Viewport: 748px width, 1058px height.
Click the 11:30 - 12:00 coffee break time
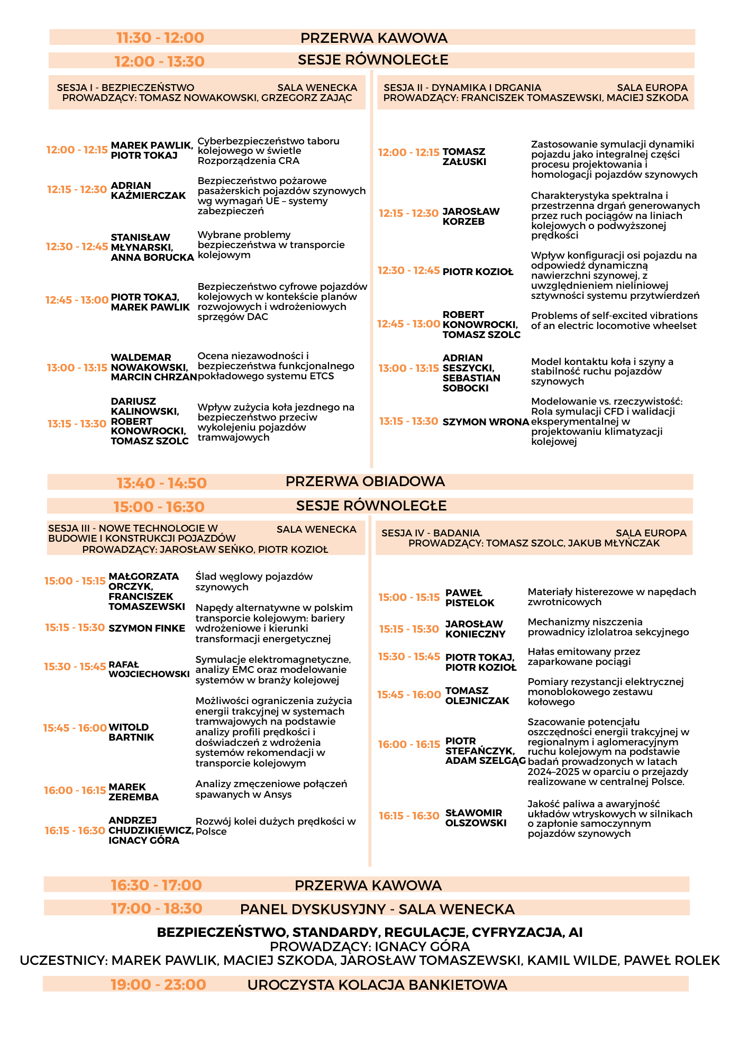pyautogui.click(x=160, y=38)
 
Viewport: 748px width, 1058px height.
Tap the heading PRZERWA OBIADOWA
pyautogui.click(x=365, y=481)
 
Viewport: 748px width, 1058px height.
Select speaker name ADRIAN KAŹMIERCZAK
pyautogui.click(x=148, y=190)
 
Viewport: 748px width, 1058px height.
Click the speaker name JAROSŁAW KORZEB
pyautogui.click(x=471, y=216)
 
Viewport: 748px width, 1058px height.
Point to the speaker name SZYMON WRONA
pyautogui.click(x=486, y=422)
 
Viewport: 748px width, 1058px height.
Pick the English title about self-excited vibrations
pyautogui.click(x=614, y=321)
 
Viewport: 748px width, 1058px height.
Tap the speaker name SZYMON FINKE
pyautogui.click(x=147, y=628)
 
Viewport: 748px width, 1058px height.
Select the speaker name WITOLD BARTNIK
pyautogui.click(x=131, y=732)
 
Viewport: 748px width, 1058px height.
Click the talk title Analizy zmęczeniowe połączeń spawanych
pyautogui.click(x=271, y=789)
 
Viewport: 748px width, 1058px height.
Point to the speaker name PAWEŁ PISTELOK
pyautogui.click(x=469, y=598)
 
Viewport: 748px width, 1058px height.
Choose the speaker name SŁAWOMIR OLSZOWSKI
pyautogui.click(x=476, y=818)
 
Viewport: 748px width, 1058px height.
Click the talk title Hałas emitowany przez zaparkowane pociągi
pyautogui.click(x=583, y=656)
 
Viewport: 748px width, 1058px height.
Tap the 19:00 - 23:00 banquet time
pyautogui.click(x=158, y=984)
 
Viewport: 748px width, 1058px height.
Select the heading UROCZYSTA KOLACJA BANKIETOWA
pyautogui.click(x=377, y=984)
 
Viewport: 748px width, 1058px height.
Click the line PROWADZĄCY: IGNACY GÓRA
pyautogui.click(x=370, y=946)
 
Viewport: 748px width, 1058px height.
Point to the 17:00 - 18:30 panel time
pyautogui.click(x=157, y=908)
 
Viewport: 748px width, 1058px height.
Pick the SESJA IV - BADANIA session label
pyautogui.click(x=430, y=533)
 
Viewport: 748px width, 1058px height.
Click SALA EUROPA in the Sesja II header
pyautogui.click(x=652, y=88)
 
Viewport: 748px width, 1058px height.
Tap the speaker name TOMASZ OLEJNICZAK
pyautogui.click(x=477, y=696)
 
